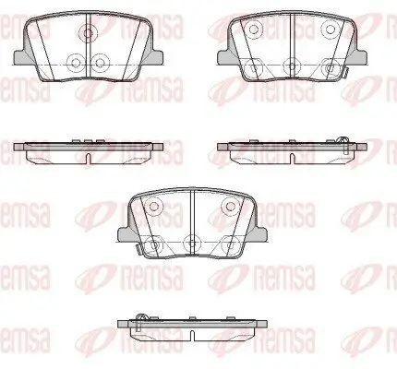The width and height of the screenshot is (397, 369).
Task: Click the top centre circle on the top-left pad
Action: (x=88, y=32)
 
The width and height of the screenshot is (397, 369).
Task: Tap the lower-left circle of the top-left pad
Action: (x=76, y=63)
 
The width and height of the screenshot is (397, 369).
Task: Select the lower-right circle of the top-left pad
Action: (x=101, y=63)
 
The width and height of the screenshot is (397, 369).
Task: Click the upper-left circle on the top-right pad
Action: (x=254, y=30)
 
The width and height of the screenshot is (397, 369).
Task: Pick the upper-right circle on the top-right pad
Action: (x=330, y=30)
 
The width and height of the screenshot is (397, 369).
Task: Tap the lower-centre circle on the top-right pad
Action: (x=292, y=65)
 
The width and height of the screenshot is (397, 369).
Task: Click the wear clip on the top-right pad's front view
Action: (x=345, y=73)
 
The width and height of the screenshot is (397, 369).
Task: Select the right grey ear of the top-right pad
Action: (x=361, y=57)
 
